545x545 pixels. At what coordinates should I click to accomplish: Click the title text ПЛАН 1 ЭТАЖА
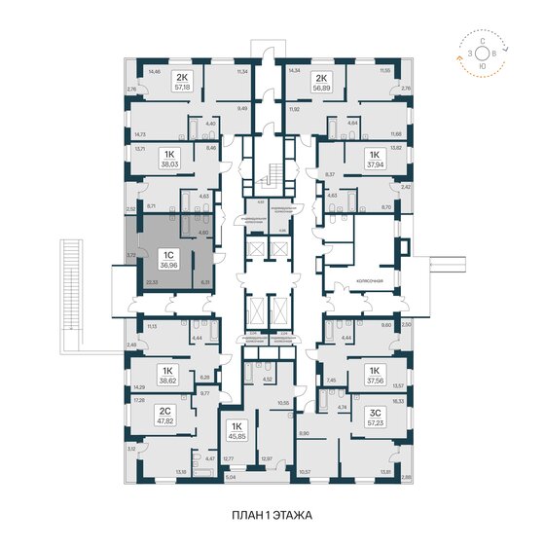pos(272,512)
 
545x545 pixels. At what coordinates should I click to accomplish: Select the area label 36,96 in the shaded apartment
pos(167,268)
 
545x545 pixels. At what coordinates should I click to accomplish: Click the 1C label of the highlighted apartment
pos(167,256)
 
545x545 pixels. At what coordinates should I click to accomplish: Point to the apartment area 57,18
pos(182,85)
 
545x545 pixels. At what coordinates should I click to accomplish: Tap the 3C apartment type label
pos(374,412)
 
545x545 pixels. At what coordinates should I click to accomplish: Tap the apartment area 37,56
pos(374,382)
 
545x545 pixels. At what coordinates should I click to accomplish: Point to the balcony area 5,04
pos(229,480)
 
